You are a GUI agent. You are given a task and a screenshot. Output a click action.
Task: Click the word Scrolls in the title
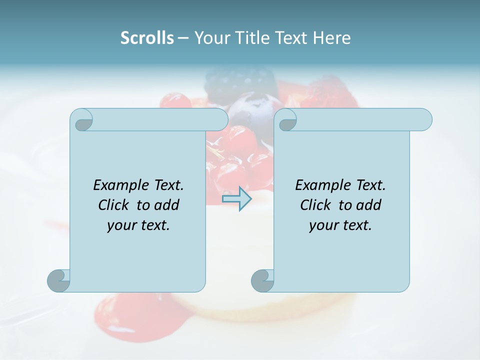(147, 38)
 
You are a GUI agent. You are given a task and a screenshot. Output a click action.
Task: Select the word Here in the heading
(331, 38)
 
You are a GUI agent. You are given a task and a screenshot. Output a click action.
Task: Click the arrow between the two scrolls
(236, 198)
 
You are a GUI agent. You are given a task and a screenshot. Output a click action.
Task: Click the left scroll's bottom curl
(58, 280)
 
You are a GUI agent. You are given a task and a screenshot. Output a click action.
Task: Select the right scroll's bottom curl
(262, 280)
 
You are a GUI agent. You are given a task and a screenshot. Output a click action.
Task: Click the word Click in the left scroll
(115, 205)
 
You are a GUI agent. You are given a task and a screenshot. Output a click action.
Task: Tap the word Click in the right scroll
(317, 205)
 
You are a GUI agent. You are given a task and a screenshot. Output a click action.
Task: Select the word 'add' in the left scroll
(168, 205)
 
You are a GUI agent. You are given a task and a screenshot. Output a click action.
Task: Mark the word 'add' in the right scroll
(370, 205)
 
